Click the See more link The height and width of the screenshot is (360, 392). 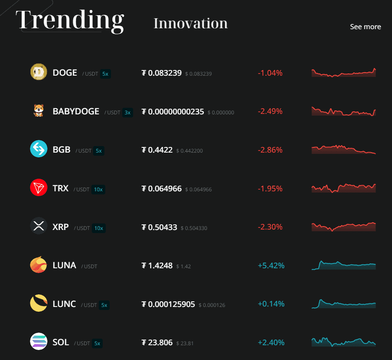tap(365, 27)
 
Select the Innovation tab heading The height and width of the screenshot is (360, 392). tap(191, 23)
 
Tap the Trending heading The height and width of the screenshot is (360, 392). tap(70, 20)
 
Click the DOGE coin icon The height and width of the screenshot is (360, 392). tap(39, 72)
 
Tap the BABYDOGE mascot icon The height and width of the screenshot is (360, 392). tap(39, 111)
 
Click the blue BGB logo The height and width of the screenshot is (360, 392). tap(39, 149)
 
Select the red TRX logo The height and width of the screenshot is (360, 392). tap(39, 188)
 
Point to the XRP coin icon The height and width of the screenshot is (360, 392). tap(39, 226)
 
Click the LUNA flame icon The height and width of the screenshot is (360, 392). tap(39, 265)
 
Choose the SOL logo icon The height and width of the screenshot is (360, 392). tap(39, 342)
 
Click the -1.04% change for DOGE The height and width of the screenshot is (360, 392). tap(270, 73)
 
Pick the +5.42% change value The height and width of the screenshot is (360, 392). tap(271, 265)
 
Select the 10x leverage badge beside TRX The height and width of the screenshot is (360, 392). tap(98, 189)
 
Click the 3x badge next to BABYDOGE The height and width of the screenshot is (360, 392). tap(127, 112)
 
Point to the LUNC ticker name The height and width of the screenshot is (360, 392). tap(64, 304)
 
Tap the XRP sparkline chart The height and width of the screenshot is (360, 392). tap(344, 227)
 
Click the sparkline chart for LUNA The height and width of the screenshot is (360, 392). tap(344, 265)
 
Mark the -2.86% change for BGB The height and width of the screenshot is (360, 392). tap(270, 150)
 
